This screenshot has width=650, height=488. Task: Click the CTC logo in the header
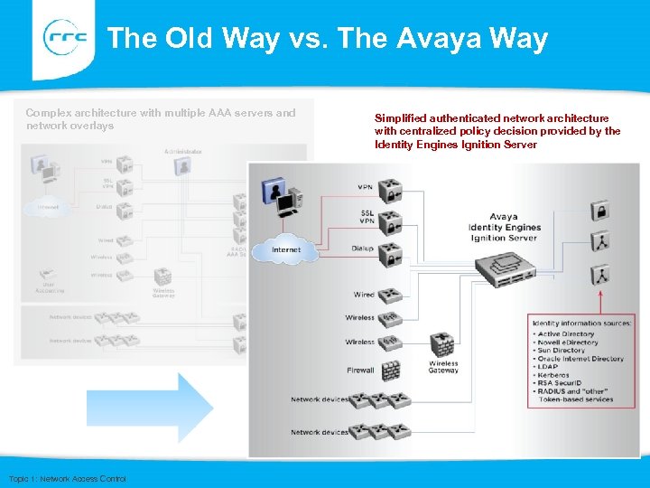65,37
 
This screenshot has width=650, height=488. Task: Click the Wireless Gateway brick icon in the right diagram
441,345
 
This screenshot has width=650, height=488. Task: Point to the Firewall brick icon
389,370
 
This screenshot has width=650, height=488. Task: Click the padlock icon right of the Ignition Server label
599,211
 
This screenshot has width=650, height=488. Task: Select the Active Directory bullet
566,333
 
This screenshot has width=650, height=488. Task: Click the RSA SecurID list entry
562,383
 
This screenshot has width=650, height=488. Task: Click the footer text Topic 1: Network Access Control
67,478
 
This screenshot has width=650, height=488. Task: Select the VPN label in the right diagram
365,188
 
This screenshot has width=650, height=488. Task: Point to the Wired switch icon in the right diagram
389,295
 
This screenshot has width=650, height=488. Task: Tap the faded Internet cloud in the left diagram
49,207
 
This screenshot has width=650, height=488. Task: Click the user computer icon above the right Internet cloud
281,200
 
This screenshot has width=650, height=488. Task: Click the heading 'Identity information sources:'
582,323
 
